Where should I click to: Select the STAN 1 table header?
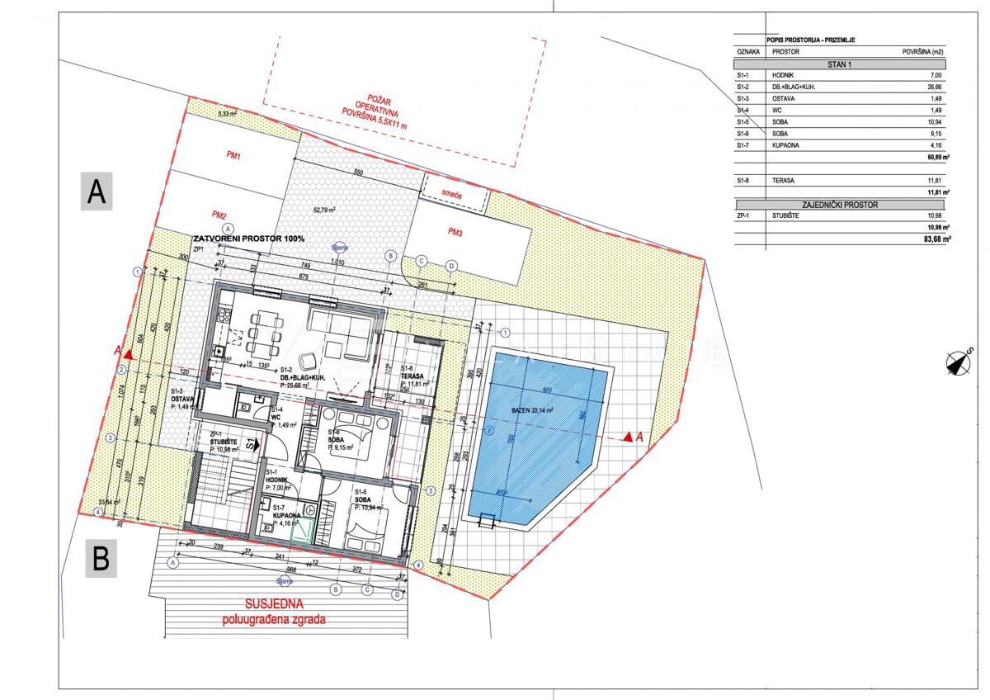(840, 64)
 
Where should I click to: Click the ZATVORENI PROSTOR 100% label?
(249, 238)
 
